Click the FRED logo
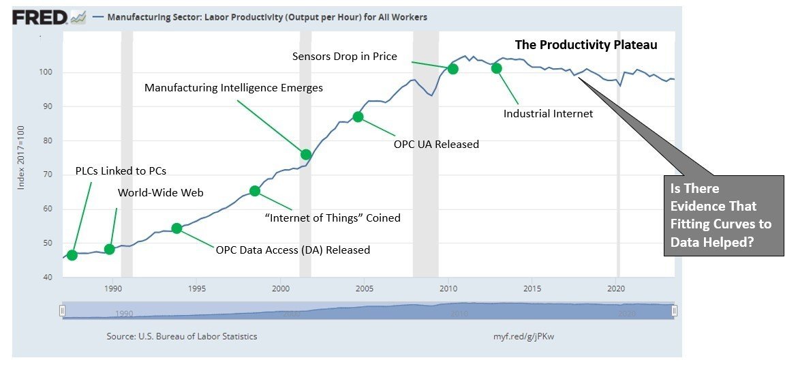(40, 18)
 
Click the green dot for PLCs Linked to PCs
(72, 255)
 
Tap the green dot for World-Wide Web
(110, 249)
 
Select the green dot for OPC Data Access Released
(177, 228)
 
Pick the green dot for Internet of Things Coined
(255, 191)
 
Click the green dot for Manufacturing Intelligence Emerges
(306, 154)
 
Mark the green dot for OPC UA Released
(358, 117)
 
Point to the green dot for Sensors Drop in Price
(452, 69)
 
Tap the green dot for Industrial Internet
(496, 68)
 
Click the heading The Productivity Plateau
(585, 45)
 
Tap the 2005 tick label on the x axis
(364, 287)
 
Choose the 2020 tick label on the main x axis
(616, 287)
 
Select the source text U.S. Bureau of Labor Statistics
(182, 337)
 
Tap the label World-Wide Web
(161, 193)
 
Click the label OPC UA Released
(436, 144)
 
